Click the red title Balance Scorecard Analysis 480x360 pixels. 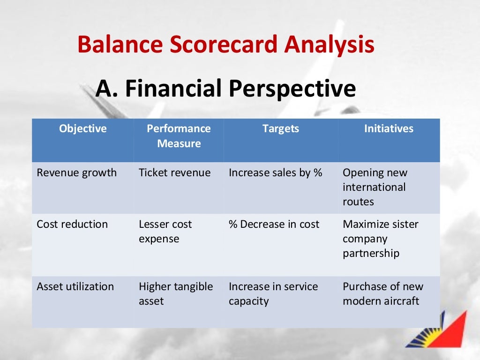click(x=225, y=45)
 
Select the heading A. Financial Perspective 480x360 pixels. click(x=225, y=89)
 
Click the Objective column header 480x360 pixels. click(x=83, y=128)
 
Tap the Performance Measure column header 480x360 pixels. click(x=179, y=136)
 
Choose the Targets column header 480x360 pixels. click(x=281, y=128)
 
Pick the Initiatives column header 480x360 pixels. click(x=389, y=128)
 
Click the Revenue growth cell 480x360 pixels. click(x=77, y=172)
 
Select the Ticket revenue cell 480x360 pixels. click(x=175, y=172)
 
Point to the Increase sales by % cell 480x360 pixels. click(x=276, y=172)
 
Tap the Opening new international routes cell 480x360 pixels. click(x=375, y=187)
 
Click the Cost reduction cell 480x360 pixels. click(x=72, y=224)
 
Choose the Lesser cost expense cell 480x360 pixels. click(x=165, y=231)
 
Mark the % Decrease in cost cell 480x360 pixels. click(x=274, y=224)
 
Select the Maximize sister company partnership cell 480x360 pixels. click(x=380, y=239)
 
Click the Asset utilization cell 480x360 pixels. click(x=75, y=286)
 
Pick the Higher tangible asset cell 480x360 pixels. click(x=176, y=293)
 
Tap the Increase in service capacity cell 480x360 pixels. click(x=273, y=293)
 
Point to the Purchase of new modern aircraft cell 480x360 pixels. click(x=382, y=293)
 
